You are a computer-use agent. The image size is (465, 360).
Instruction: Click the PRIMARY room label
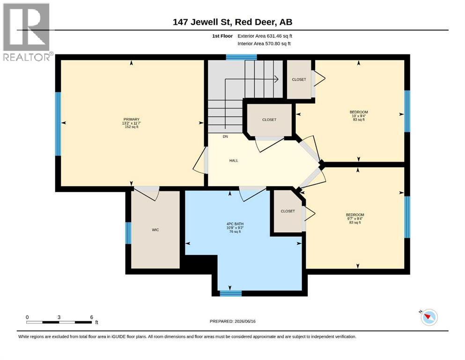[132, 120]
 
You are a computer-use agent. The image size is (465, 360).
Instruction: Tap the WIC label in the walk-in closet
[155, 230]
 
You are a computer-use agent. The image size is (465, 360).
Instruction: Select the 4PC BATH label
[235, 224]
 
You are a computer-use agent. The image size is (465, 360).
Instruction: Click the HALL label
[234, 161]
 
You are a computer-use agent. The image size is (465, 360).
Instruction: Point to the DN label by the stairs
[225, 136]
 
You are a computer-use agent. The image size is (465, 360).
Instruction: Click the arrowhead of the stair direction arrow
[276, 79]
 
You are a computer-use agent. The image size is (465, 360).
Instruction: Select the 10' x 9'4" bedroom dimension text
[359, 116]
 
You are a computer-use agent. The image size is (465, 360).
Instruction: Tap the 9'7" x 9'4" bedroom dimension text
[355, 218]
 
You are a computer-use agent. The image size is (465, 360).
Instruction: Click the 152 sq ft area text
[132, 127]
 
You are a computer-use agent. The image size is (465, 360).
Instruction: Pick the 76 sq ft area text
[235, 232]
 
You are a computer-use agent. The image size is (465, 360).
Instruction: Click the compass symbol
[429, 317]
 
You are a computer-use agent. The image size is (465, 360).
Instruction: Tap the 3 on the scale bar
[59, 317]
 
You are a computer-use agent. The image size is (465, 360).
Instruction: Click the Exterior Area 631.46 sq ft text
[265, 36]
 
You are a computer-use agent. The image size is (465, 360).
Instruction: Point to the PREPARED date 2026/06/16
[245, 321]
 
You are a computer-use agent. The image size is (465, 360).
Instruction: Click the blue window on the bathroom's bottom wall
[231, 293]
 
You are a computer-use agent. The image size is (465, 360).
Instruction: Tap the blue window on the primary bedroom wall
[58, 124]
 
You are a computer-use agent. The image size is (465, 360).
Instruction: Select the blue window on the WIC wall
[128, 233]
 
